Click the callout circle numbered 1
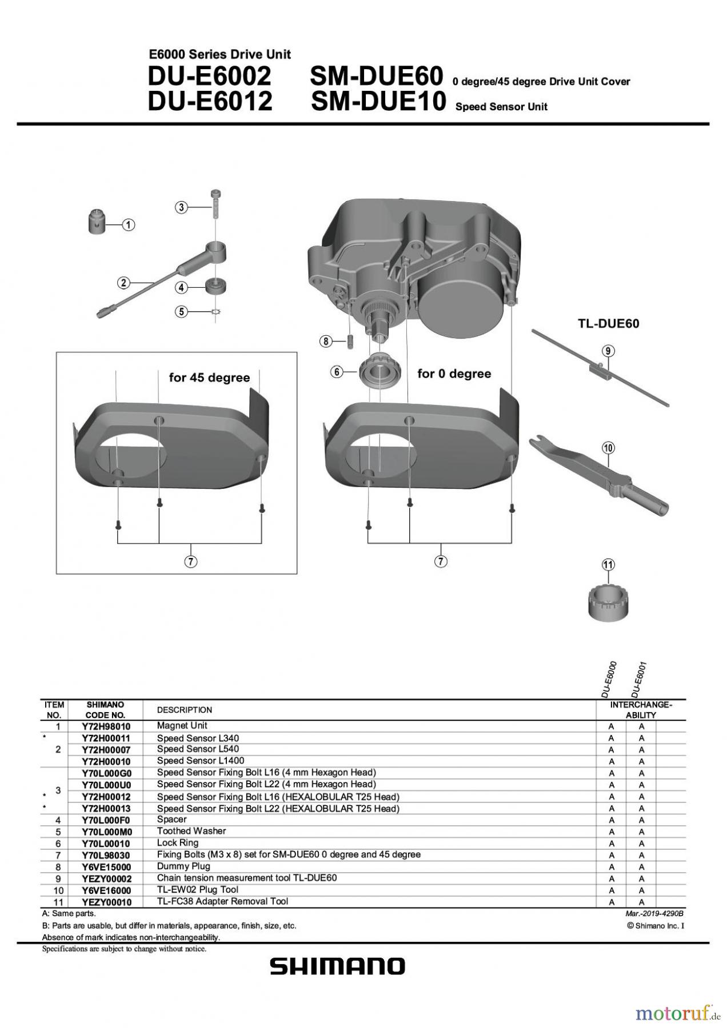click(129, 225)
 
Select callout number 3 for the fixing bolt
click(181, 207)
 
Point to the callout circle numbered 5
click(181, 312)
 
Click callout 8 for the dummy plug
click(325, 342)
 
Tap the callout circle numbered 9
click(608, 351)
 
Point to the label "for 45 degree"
click(209, 378)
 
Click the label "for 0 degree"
click(454, 374)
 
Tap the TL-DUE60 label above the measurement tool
click(608, 323)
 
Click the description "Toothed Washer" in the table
click(191, 831)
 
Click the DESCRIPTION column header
click(184, 710)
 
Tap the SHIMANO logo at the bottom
click(337, 966)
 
